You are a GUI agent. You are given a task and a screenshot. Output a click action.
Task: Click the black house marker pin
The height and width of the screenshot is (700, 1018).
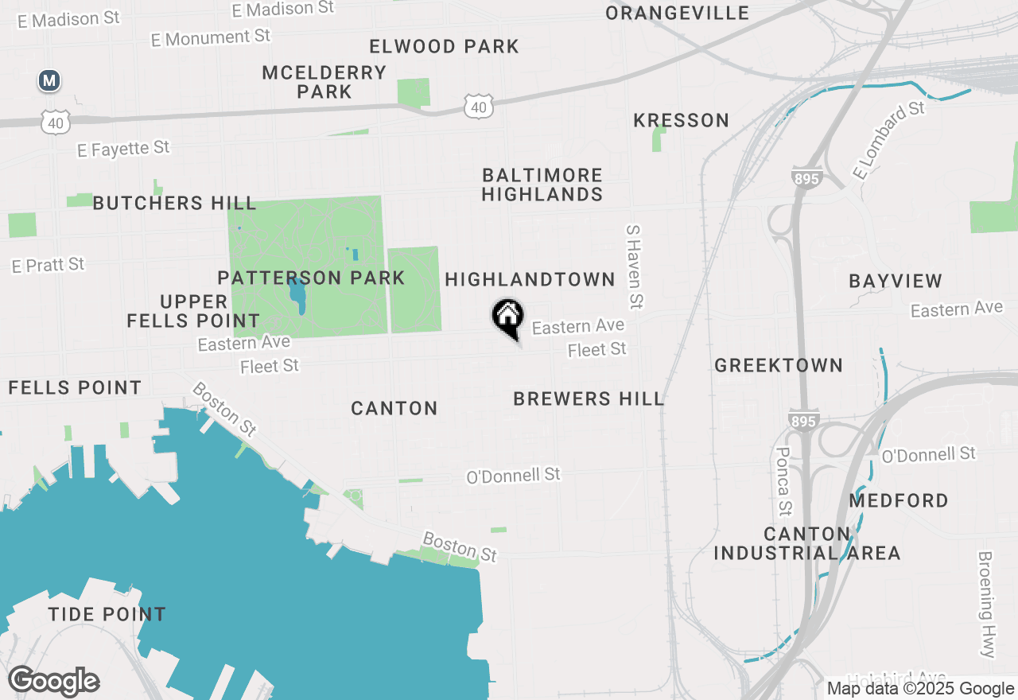507,318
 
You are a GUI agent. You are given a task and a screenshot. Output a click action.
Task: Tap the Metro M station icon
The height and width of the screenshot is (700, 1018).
50,80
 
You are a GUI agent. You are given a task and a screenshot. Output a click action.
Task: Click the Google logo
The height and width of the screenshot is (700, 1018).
54,682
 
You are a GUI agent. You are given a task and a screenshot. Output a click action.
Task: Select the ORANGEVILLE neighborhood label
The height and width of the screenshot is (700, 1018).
677,13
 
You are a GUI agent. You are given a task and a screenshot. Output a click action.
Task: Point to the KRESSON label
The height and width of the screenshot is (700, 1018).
682,120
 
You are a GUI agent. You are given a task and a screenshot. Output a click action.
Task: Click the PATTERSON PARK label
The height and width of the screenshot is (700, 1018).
311,278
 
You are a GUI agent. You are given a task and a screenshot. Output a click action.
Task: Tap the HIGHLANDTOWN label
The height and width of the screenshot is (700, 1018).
530,279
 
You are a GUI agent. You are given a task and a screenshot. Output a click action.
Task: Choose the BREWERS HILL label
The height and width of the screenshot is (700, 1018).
589,399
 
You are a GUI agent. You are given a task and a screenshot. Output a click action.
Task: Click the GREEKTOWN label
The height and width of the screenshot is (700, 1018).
779,365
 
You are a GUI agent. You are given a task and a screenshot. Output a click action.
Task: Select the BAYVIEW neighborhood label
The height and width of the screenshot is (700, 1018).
896,281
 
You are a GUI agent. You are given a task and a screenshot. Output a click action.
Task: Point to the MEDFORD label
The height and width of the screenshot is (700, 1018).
899,500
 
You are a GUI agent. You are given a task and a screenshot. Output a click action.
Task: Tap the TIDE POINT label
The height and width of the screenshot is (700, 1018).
107,614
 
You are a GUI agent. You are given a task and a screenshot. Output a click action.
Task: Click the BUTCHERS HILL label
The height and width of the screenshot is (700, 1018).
174,203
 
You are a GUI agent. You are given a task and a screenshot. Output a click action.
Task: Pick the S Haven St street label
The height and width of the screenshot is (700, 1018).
634,266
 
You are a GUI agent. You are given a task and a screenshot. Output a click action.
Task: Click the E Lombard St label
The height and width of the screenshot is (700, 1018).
889,140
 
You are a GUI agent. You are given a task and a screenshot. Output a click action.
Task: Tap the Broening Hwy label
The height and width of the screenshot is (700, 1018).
987,605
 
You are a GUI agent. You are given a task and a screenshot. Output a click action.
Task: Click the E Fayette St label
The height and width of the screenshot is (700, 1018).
123,149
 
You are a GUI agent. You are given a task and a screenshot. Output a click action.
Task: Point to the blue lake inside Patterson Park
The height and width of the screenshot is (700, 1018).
298,296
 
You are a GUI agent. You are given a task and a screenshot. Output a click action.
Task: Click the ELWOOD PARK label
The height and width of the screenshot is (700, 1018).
445,46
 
